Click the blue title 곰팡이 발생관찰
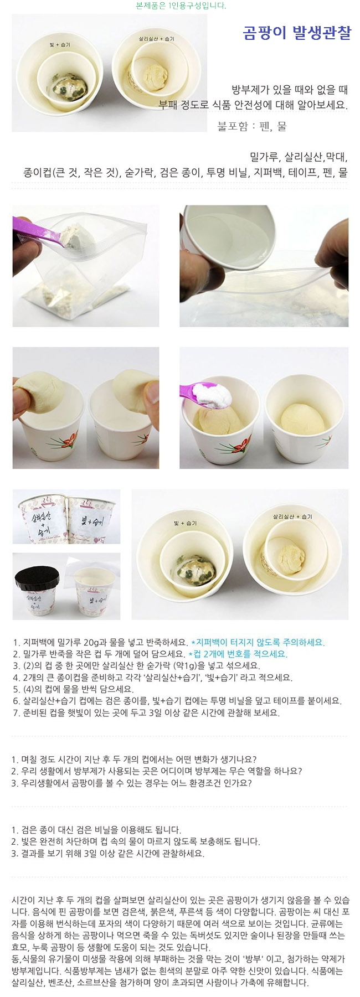[297, 33]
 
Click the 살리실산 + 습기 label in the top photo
[157, 39]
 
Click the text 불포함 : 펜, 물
[252, 127]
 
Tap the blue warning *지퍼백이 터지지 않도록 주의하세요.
[258, 642]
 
